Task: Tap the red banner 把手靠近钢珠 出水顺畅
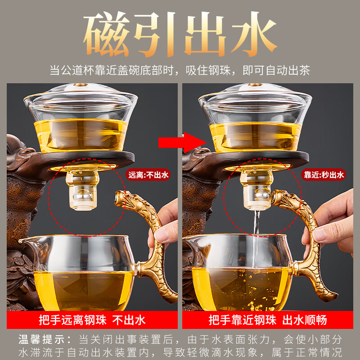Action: tap(267, 320)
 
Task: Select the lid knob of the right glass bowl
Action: tap(256, 87)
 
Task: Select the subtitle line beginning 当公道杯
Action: tap(180, 70)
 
